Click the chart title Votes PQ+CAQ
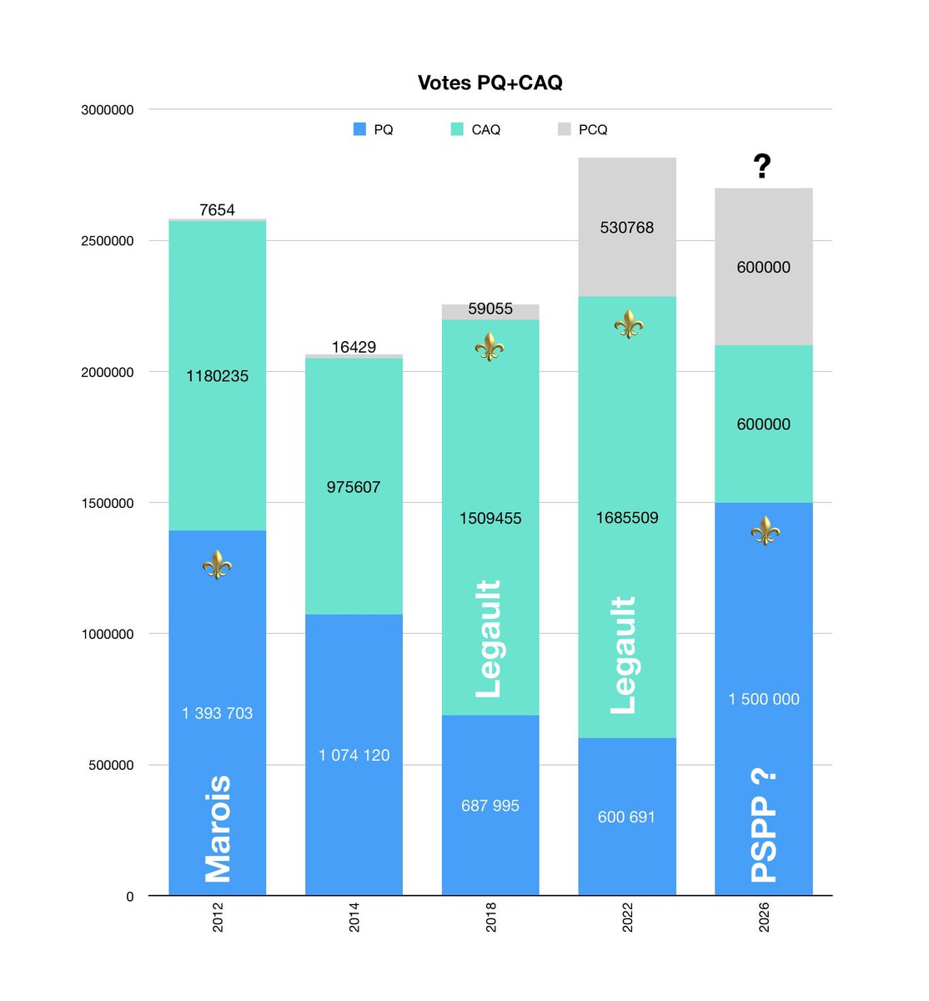tap(490, 83)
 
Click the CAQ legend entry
tap(475, 129)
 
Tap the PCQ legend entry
tap(583, 129)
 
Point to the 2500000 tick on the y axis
tap(107, 241)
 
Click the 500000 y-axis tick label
tap(110, 765)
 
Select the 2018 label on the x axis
tap(490, 917)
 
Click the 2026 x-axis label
tap(764, 917)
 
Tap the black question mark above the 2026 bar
tap(762, 167)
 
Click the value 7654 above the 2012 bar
tap(217, 210)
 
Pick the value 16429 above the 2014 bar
tap(354, 347)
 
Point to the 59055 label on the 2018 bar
tap(490, 309)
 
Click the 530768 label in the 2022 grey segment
tap(627, 228)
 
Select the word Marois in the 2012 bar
tap(218, 828)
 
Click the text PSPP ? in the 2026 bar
tap(764, 826)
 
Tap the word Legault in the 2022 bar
tap(624, 655)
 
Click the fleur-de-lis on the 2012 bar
tap(217, 565)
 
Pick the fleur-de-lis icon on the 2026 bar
tap(765, 531)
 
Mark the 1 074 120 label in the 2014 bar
tap(354, 755)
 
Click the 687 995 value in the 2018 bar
tap(490, 806)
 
